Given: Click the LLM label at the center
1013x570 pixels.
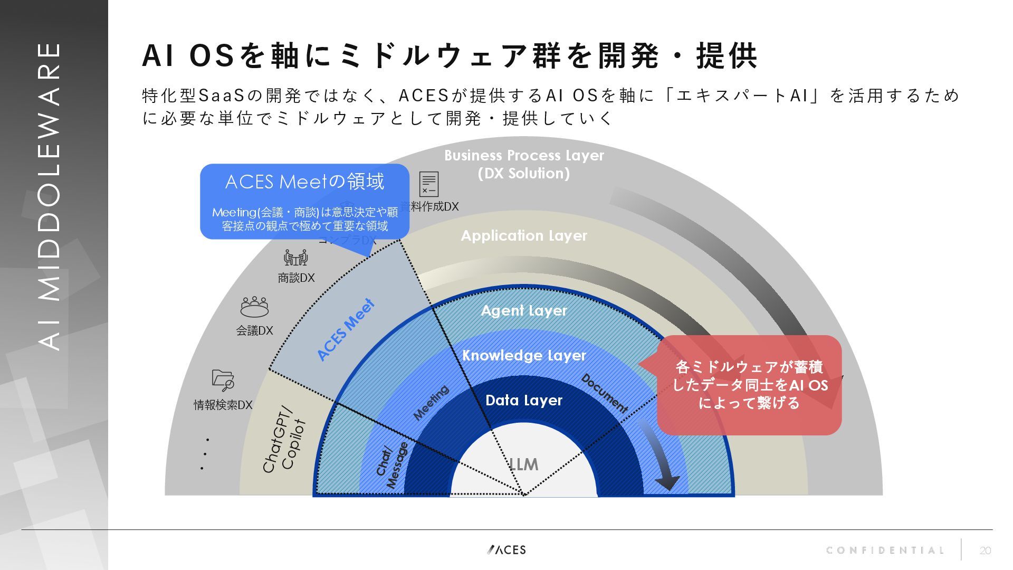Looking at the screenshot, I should tap(523, 464).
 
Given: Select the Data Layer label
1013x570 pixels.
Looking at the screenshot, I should tap(523, 400).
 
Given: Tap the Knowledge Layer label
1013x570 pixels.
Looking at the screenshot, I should tap(524, 355).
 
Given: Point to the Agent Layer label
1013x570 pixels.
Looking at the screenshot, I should tap(524, 310).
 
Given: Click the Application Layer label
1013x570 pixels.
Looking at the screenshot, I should tap(524, 235).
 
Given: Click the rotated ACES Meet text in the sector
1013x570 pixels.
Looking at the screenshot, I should tap(346, 330).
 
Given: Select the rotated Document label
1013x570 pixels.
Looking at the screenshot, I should tap(605, 394).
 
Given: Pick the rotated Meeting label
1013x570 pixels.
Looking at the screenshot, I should tap(431, 403).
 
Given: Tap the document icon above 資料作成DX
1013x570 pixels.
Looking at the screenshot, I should tap(428, 184).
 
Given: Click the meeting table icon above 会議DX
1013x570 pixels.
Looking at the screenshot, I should tap(254, 307).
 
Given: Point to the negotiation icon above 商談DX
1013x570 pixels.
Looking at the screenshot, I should tap(295, 258).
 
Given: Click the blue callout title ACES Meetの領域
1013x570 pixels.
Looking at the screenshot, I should tap(304, 182).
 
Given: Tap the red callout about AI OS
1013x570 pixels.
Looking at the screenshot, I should tap(749, 385).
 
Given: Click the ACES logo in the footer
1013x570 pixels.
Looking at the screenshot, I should tap(506, 550).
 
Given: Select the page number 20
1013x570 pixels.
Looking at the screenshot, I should tap(985, 551).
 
